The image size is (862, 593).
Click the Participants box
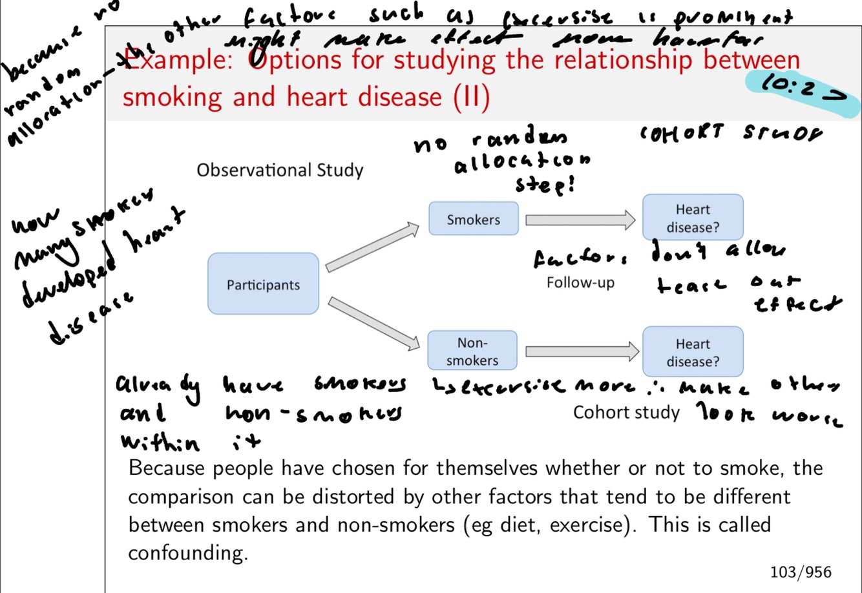(x=263, y=284)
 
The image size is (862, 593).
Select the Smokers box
(x=473, y=219)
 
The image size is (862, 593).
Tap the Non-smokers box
(x=472, y=351)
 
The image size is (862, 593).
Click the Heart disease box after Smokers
(x=693, y=218)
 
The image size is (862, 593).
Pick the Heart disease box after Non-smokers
(x=693, y=352)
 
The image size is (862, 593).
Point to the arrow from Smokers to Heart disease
(x=580, y=220)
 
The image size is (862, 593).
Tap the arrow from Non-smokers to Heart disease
(x=582, y=351)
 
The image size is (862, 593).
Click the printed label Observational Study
(x=280, y=171)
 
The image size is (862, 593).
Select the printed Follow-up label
(x=580, y=282)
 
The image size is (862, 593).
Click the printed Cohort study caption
(x=626, y=412)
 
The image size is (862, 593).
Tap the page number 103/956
(x=800, y=571)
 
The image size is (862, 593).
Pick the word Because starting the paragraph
(x=167, y=467)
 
